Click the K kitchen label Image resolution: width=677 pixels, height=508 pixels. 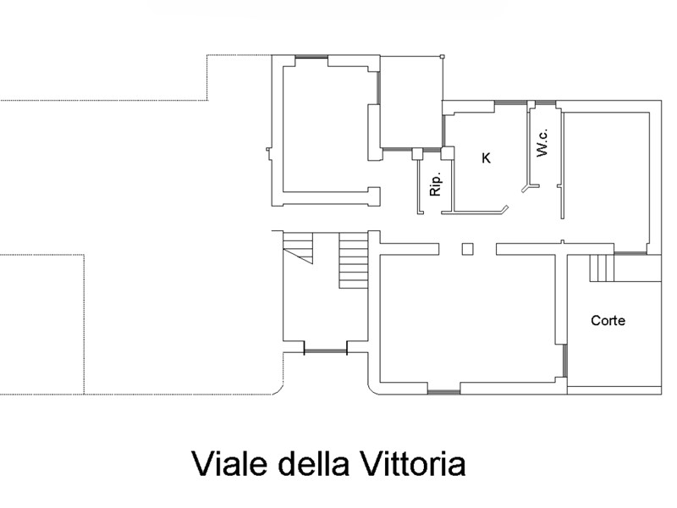click(x=486, y=158)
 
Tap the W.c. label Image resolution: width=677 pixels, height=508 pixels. click(x=542, y=142)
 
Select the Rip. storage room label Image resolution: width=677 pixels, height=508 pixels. click(x=436, y=185)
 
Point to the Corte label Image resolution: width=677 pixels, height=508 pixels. click(x=608, y=321)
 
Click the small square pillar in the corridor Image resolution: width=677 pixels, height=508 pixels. click(x=468, y=249)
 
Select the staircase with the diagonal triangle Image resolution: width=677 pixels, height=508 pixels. click(x=298, y=247)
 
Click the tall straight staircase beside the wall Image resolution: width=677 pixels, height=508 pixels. click(x=354, y=261)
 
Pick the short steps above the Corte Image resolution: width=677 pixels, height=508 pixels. click(x=602, y=268)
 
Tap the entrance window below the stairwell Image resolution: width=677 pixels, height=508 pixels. click(x=326, y=351)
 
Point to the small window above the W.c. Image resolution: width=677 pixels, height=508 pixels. click(x=545, y=102)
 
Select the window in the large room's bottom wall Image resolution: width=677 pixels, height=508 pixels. click(x=443, y=392)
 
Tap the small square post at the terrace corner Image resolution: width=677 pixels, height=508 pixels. click(x=442, y=56)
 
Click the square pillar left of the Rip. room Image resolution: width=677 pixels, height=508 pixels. click(x=417, y=154)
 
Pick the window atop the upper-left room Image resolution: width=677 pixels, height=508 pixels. click(x=311, y=56)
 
